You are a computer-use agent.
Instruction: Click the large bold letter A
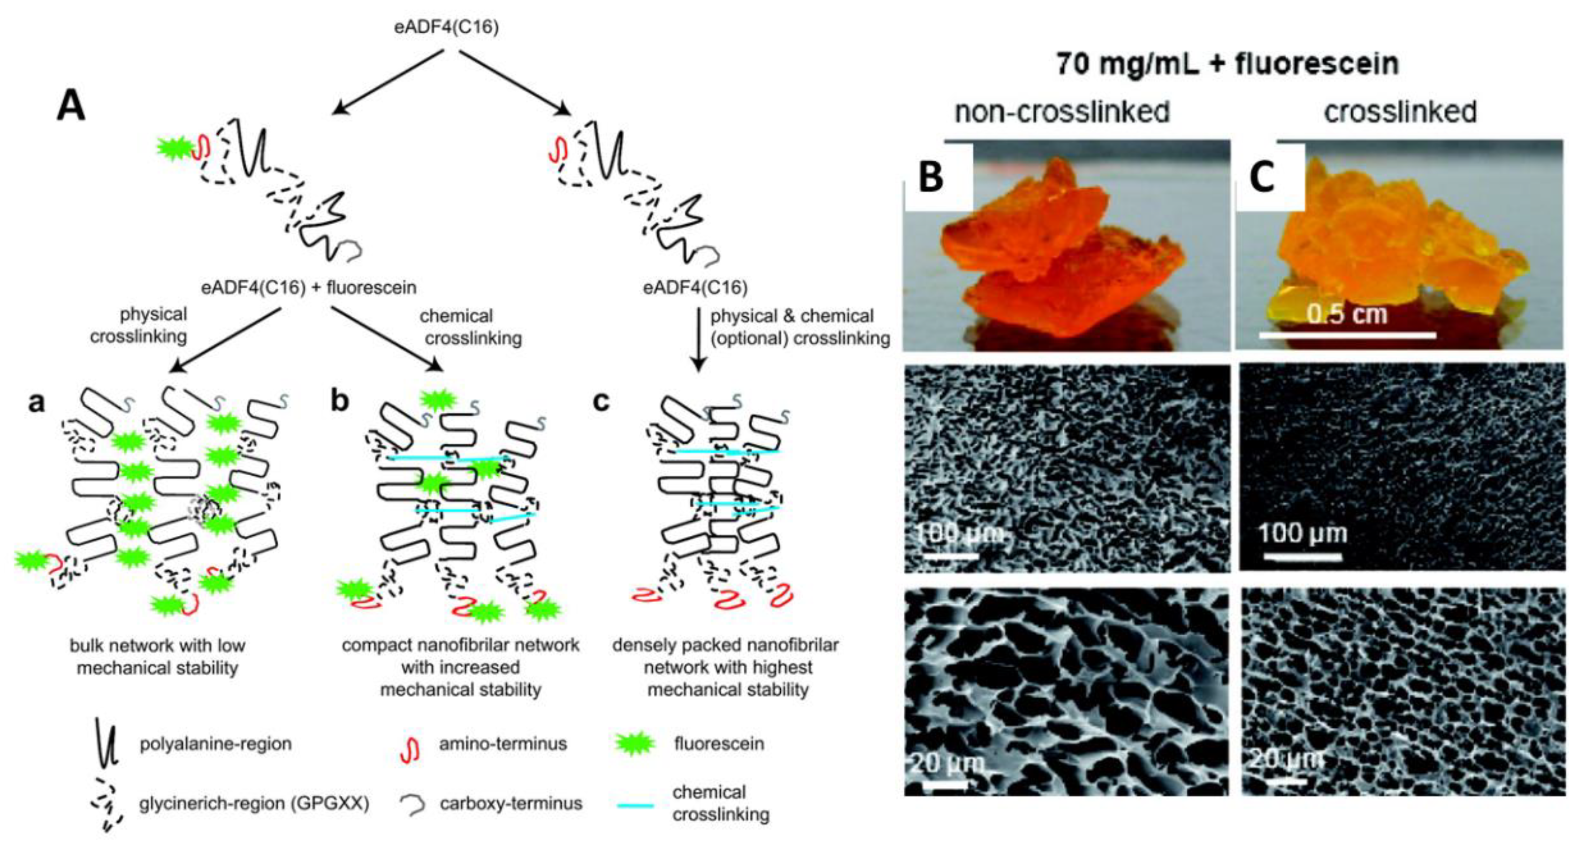pyautogui.click(x=71, y=107)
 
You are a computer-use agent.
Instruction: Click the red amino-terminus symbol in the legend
pyautogui.click(x=410, y=748)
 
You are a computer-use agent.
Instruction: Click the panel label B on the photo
pyautogui.click(x=931, y=177)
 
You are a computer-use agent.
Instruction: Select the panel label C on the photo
pyautogui.click(x=1262, y=177)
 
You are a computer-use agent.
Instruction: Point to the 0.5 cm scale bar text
pyautogui.click(x=1347, y=314)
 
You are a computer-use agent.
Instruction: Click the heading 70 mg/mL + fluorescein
pyautogui.click(x=1227, y=64)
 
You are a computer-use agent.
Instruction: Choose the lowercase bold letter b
pyautogui.click(x=339, y=401)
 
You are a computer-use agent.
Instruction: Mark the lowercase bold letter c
pyautogui.click(x=602, y=401)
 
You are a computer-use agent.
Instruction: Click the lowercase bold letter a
pyautogui.click(x=37, y=402)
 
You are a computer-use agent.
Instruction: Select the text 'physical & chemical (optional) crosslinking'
pyautogui.click(x=800, y=327)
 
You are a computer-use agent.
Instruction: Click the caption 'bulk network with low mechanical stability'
pyautogui.click(x=158, y=656)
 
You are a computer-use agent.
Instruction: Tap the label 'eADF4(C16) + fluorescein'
pyautogui.click(x=309, y=287)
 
